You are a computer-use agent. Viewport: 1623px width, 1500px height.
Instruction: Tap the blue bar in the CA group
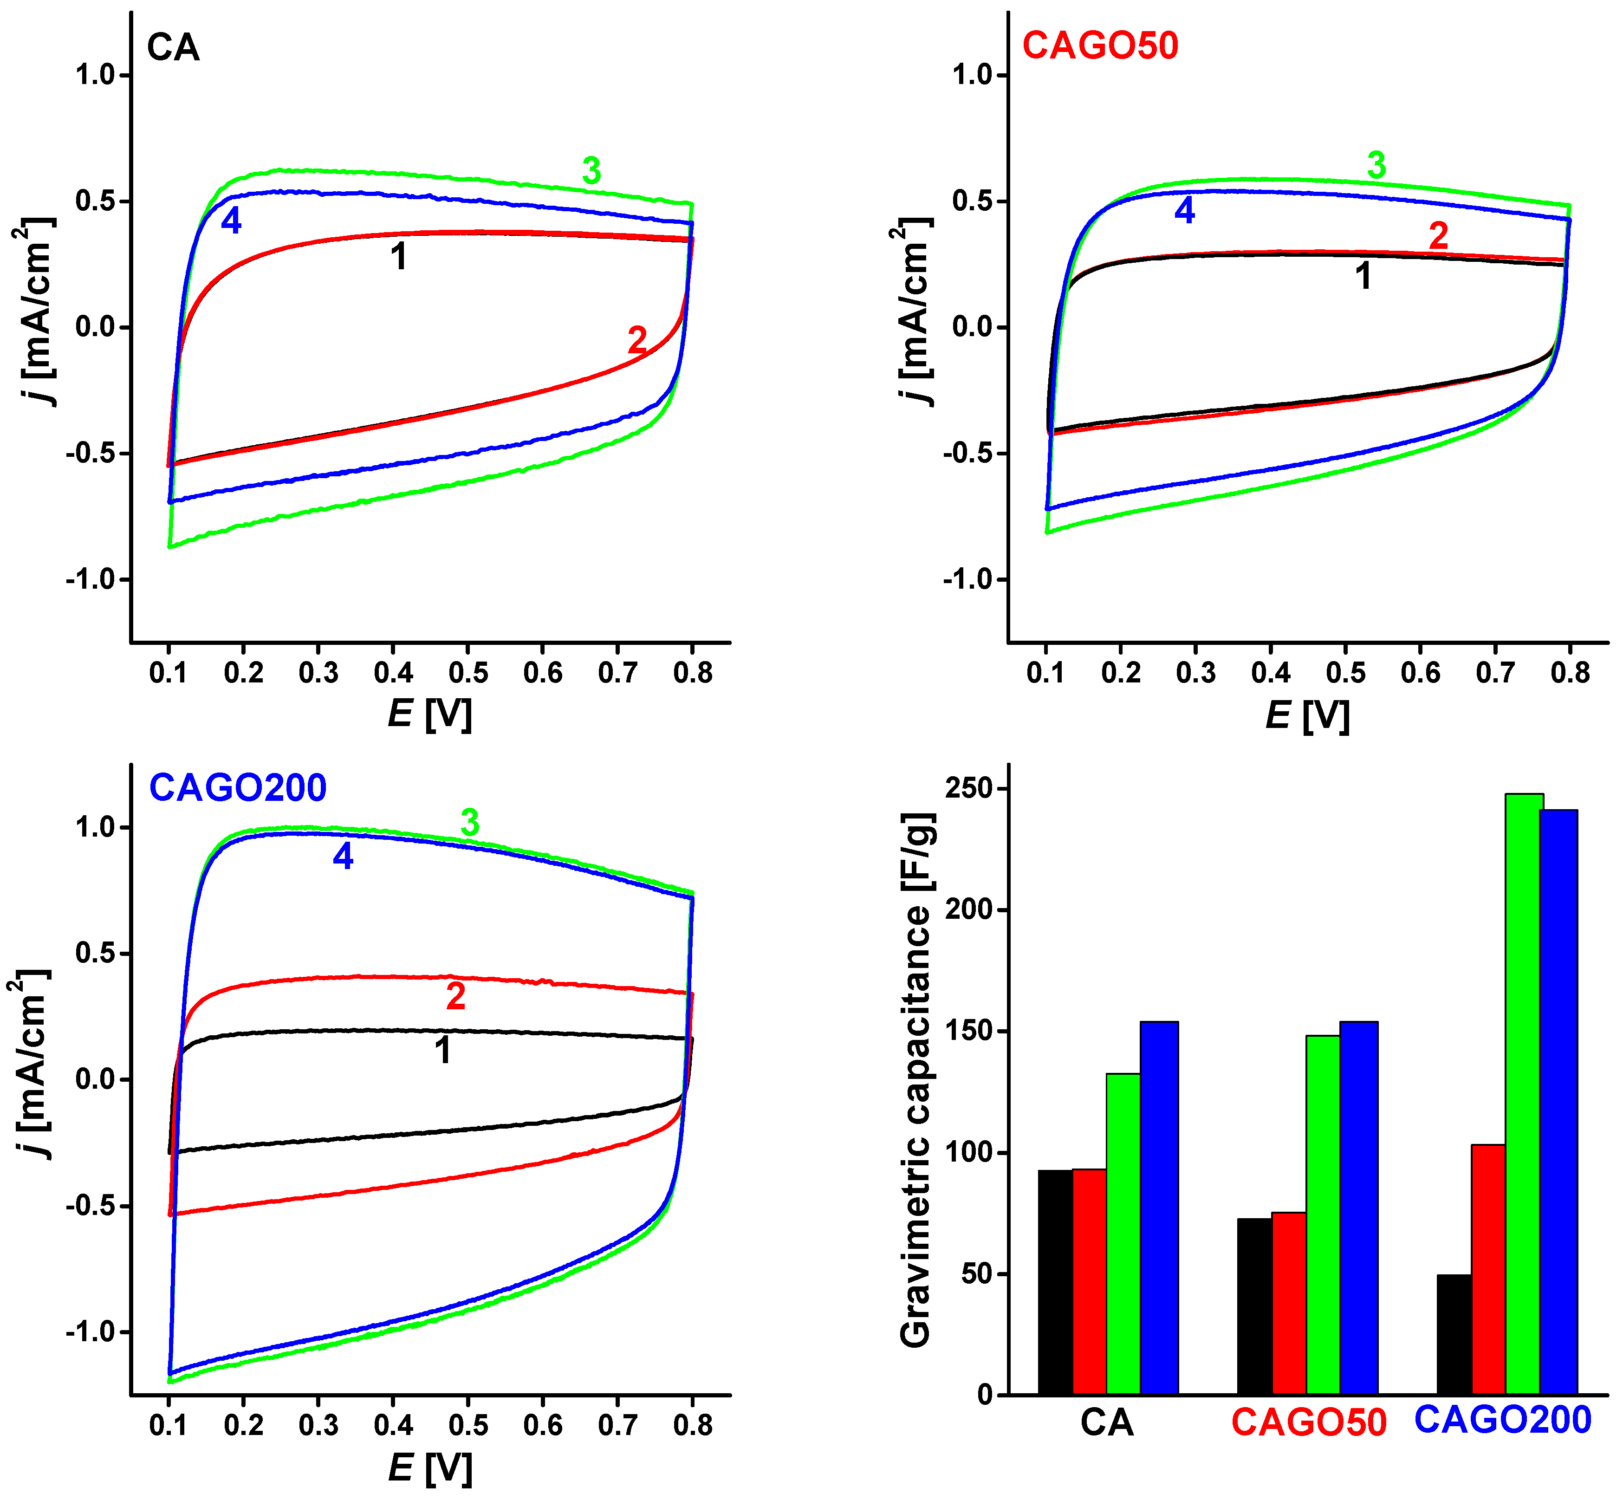pyautogui.click(x=1159, y=1209)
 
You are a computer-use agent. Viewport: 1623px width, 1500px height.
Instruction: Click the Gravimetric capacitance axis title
pyautogui.click(x=917, y=1079)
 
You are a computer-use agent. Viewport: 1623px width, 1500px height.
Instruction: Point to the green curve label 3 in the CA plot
pyautogui.click(x=591, y=171)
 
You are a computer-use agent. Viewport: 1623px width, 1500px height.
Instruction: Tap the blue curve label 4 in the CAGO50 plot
pyautogui.click(x=1185, y=211)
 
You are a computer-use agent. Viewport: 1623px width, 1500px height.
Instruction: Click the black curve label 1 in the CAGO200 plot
pyautogui.click(x=442, y=1050)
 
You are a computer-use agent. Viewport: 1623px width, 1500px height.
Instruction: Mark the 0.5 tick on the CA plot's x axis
pyautogui.click(x=468, y=673)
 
